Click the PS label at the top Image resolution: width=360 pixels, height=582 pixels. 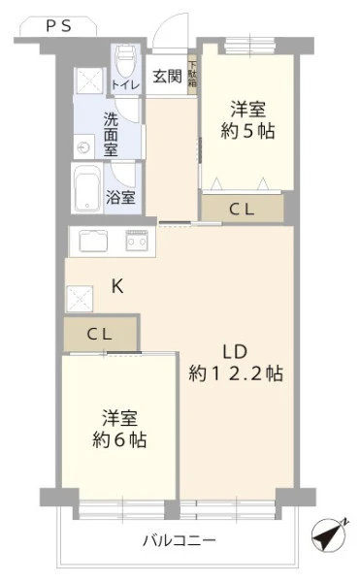58,26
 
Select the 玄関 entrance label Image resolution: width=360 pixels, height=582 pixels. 167,77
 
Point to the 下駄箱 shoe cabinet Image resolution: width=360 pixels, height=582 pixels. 192,75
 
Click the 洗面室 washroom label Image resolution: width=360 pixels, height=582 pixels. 111,135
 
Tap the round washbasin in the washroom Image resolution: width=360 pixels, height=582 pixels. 83,148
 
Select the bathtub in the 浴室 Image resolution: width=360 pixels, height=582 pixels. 87,188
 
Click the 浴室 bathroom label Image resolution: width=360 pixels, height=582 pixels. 120,197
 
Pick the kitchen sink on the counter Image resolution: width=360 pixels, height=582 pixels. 93,241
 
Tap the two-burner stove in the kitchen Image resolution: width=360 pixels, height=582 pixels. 137,241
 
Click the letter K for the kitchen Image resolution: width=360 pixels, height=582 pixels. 117,286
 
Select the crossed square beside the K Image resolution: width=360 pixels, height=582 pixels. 80,299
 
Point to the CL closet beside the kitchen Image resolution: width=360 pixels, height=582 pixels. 100,334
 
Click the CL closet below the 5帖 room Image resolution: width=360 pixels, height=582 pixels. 243,210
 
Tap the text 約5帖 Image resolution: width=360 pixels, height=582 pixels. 247,131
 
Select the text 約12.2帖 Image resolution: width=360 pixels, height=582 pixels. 236,373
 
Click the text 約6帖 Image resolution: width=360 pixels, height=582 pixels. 119,439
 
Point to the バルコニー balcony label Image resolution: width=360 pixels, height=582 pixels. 180,540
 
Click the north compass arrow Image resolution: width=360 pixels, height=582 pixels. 330,534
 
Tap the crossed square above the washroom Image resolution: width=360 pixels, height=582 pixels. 88,81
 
